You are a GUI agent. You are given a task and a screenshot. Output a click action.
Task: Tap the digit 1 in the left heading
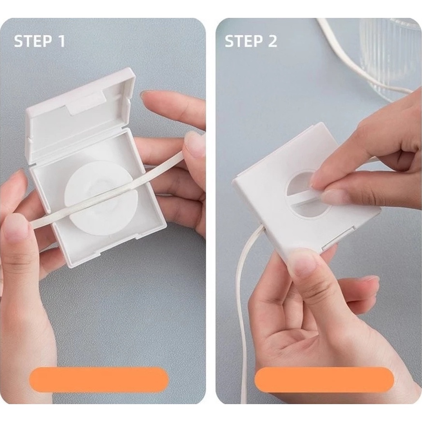(x=62, y=41)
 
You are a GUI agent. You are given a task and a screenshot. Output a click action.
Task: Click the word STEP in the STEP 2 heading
(x=243, y=41)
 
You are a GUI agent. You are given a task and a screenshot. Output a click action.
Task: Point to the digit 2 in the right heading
(x=272, y=41)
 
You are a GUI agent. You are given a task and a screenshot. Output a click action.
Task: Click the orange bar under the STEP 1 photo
(x=99, y=380)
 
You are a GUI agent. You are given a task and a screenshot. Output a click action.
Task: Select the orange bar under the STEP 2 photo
(x=324, y=380)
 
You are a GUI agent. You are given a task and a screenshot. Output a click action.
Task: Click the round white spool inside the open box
(x=101, y=198)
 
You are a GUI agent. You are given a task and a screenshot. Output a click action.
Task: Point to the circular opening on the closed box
(x=308, y=194)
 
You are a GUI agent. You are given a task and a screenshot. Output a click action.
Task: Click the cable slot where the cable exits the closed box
(x=263, y=229)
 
